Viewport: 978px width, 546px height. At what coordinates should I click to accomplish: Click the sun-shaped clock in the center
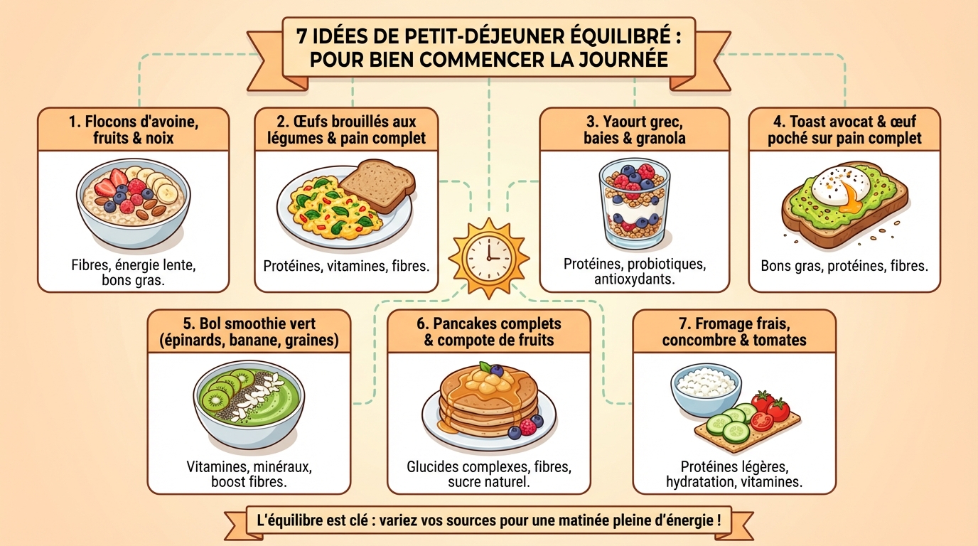(x=489, y=253)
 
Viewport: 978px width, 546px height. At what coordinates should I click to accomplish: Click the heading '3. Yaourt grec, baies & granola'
(x=634, y=129)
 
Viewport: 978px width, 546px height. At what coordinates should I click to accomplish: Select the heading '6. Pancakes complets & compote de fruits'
(x=488, y=332)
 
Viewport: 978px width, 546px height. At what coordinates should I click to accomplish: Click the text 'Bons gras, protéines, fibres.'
(x=844, y=267)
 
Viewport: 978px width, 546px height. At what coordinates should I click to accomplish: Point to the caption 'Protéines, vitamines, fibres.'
(x=346, y=267)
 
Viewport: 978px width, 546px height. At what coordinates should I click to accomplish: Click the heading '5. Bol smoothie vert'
(x=248, y=323)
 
